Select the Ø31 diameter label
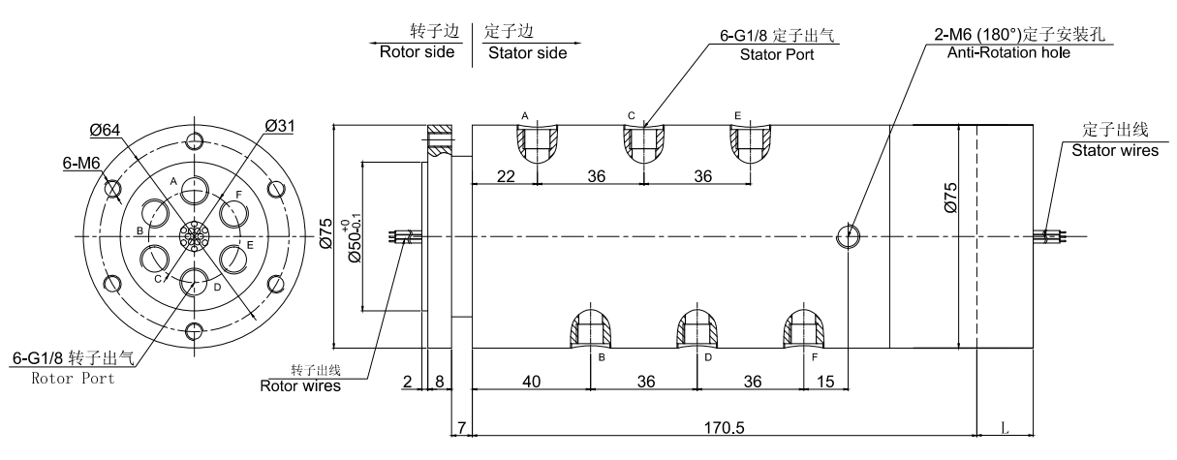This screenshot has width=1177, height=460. click(281, 127)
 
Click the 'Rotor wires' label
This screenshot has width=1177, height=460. click(300, 385)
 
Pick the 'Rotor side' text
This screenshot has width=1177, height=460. click(418, 52)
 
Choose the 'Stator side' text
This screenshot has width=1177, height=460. click(527, 52)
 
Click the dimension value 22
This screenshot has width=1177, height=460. click(504, 175)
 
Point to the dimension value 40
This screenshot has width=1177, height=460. click(531, 382)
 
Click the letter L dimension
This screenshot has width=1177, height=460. click(1007, 425)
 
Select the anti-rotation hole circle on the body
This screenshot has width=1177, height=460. click(848, 233)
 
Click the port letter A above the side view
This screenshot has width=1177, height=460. click(525, 116)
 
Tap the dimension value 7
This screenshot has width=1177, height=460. click(462, 427)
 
